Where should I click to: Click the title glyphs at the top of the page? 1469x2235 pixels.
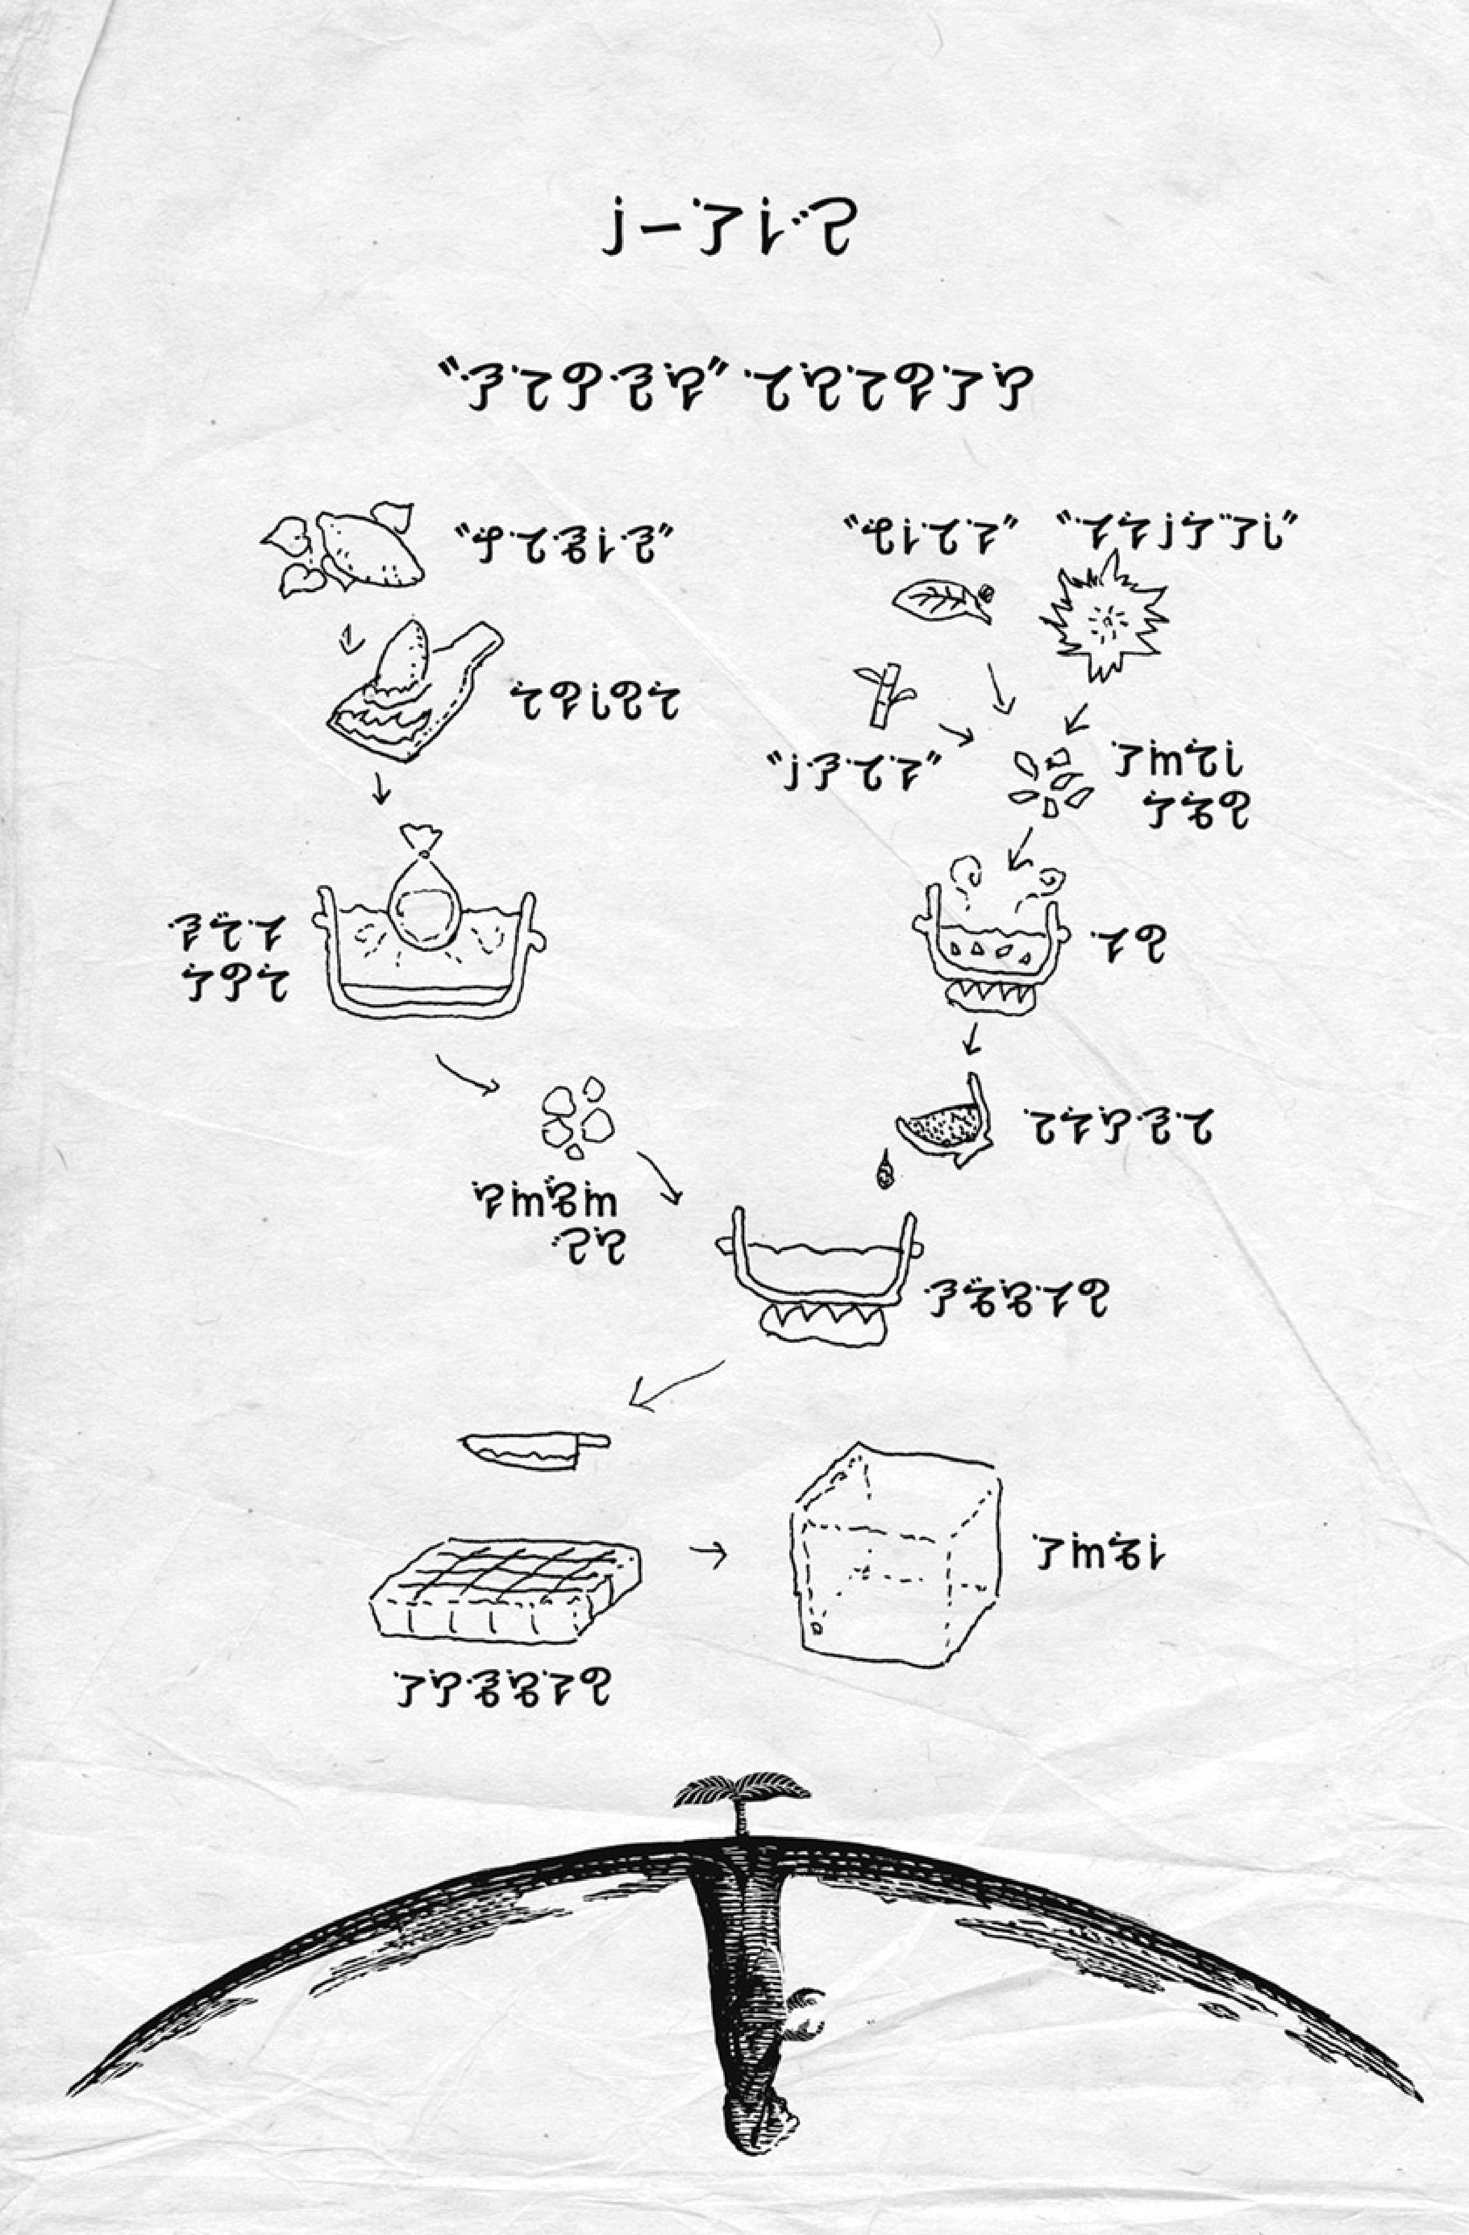[726, 232]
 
